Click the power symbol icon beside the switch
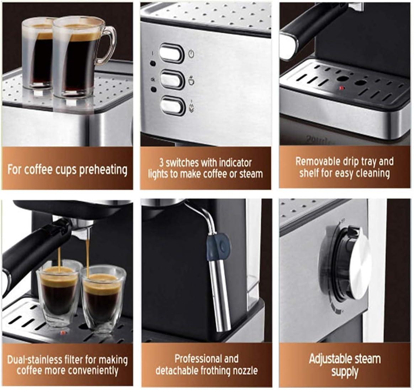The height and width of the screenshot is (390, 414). click(191, 54)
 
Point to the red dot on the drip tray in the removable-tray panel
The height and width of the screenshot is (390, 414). click(341, 88)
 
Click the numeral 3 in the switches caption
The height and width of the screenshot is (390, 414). click(161, 163)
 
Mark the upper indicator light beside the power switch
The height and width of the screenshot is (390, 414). click(153, 64)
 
